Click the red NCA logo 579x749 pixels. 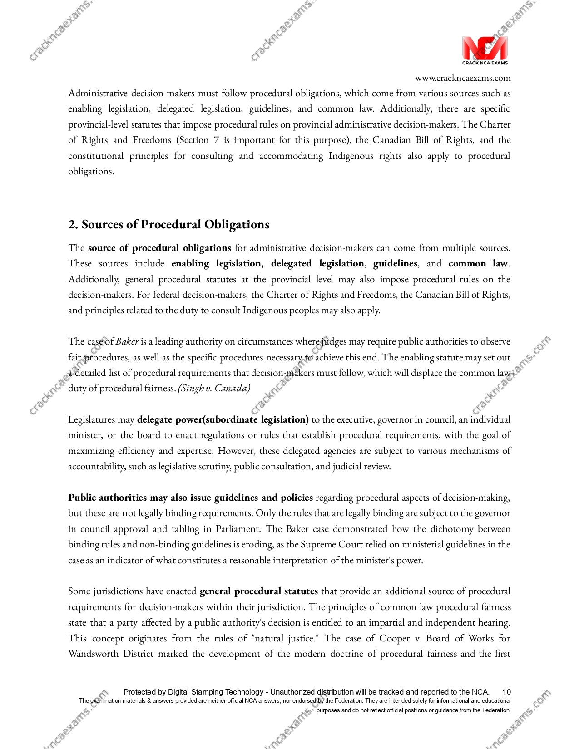485,48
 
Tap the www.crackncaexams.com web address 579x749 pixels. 463,78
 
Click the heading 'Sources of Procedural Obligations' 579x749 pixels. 175,225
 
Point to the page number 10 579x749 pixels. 506,692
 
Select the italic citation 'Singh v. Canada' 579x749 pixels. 214,389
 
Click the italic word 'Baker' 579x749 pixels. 127,341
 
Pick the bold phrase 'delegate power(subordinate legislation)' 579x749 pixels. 223,419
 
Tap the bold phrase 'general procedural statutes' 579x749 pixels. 258,591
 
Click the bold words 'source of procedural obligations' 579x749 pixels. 159,248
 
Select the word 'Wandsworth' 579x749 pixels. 93,654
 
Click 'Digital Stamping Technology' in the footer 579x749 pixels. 216,692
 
